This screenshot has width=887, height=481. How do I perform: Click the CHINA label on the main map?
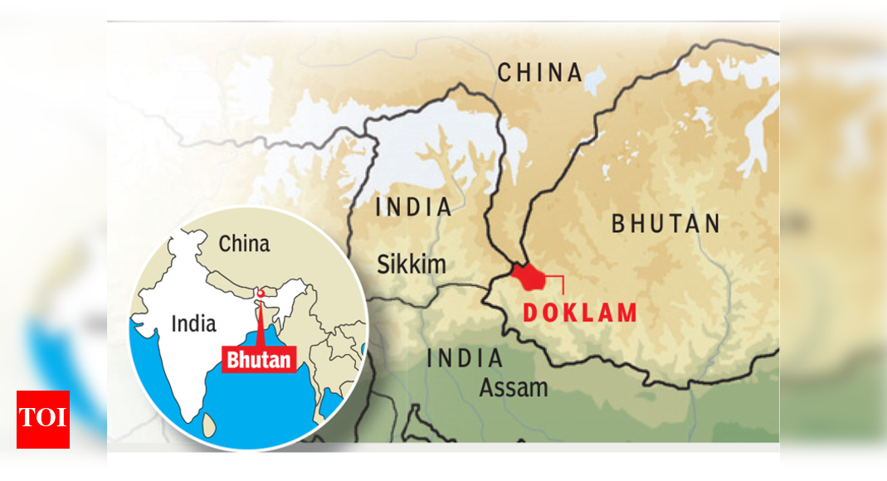coord(540,72)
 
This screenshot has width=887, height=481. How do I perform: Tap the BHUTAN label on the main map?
coord(665,224)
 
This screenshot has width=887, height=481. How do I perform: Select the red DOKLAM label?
coord(580,313)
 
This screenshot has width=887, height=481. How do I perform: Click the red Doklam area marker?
coord(529,276)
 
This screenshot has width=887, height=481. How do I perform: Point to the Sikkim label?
coord(411,265)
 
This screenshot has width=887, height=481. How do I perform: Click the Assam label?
coord(514,387)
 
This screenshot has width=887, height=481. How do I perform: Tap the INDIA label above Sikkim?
coord(414,207)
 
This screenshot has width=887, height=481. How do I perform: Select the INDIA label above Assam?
coord(465,359)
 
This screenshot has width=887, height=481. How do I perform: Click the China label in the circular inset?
coord(244,244)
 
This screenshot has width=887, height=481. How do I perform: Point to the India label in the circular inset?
coord(193,323)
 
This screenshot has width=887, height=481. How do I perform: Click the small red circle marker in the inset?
coord(261,293)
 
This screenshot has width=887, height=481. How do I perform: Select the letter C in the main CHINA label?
coord(505,72)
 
